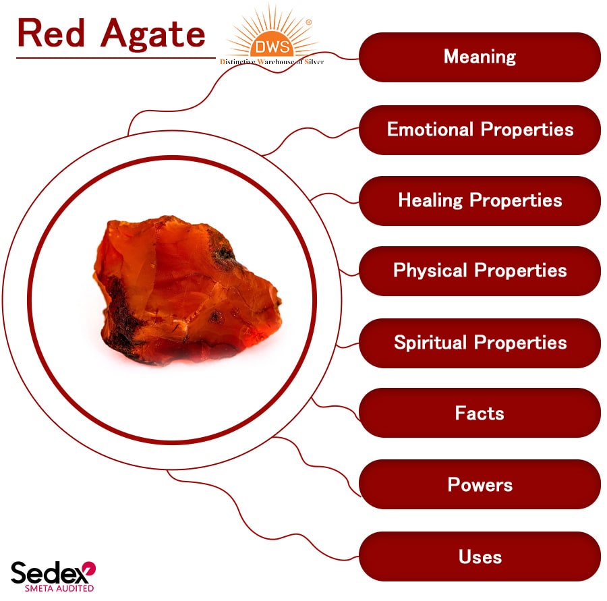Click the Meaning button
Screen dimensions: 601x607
[x=480, y=57]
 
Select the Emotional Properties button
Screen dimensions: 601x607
[x=480, y=130]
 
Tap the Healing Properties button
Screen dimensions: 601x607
[x=480, y=200]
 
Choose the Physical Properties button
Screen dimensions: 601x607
[x=480, y=271]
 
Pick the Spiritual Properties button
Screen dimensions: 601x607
[x=480, y=343]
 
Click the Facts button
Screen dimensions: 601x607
[x=480, y=413]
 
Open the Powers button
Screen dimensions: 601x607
[x=480, y=485]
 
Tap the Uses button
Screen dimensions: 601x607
[x=480, y=557]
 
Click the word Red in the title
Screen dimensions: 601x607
[x=51, y=33]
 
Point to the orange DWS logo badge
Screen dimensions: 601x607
[x=272, y=46]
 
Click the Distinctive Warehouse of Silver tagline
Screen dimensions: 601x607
[x=272, y=62]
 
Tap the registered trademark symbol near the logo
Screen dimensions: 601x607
[x=309, y=22]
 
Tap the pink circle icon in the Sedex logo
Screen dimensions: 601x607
[x=88, y=569]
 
